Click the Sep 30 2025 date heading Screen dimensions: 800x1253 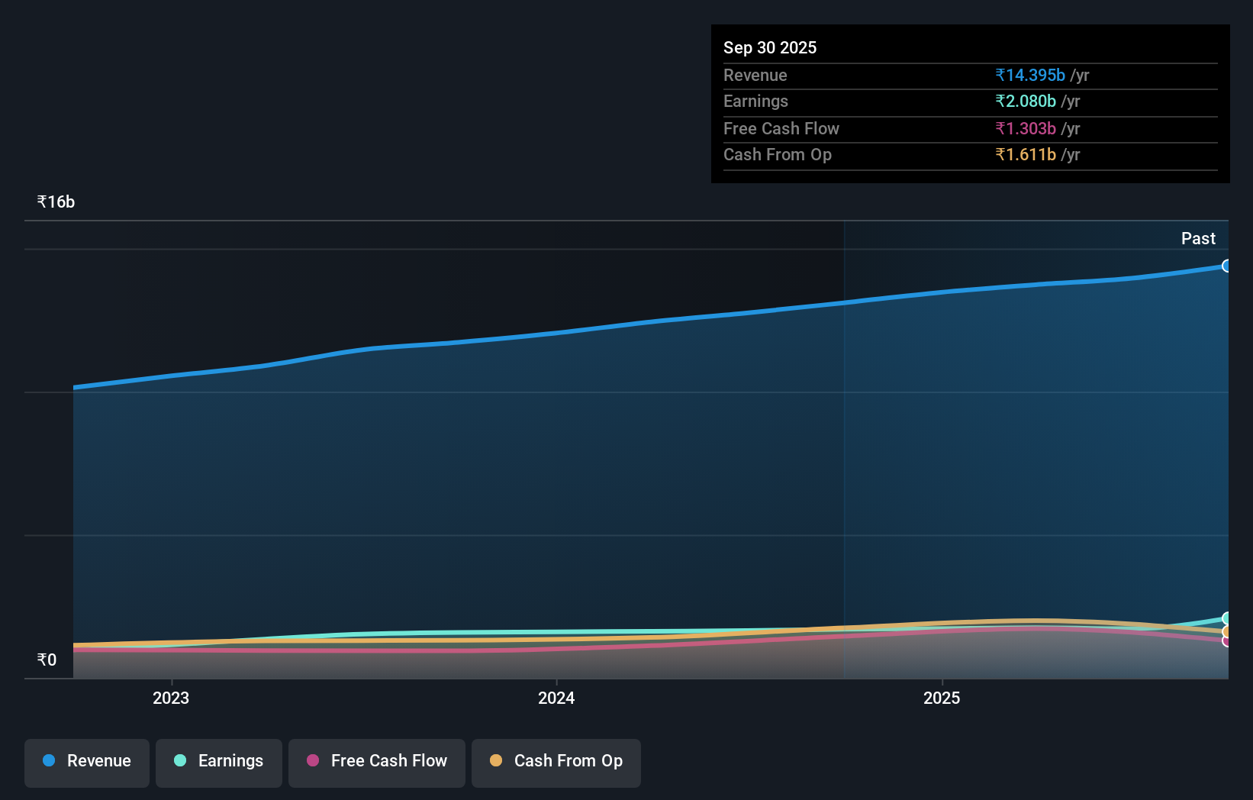pos(769,47)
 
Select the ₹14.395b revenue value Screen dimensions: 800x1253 pos(1029,75)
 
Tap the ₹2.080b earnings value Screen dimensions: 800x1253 pos(1025,102)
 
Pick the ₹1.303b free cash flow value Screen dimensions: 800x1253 pos(1025,128)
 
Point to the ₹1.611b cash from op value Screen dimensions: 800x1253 pos(1025,155)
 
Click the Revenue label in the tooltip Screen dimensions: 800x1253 pos(755,75)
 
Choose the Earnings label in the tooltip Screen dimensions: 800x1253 pos(755,102)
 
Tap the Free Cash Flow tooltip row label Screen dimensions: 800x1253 pos(781,128)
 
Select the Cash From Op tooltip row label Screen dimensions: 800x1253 pos(777,155)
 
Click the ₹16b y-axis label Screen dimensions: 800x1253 pos(56,202)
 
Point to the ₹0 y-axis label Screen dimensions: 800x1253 pos(47,660)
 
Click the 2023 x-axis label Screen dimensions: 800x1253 pos(171,698)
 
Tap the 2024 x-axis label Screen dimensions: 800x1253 pos(556,698)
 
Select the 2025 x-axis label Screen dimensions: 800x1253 pos(942,698)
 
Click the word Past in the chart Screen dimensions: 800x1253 pos(1197,238)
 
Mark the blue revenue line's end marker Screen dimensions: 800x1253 pos(1226,266)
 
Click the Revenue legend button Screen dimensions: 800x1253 pos(87,761)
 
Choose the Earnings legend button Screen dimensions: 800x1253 pos(219,761)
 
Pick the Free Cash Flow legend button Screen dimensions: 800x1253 pos(377,761)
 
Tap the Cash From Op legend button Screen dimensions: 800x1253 pos(556,761)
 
